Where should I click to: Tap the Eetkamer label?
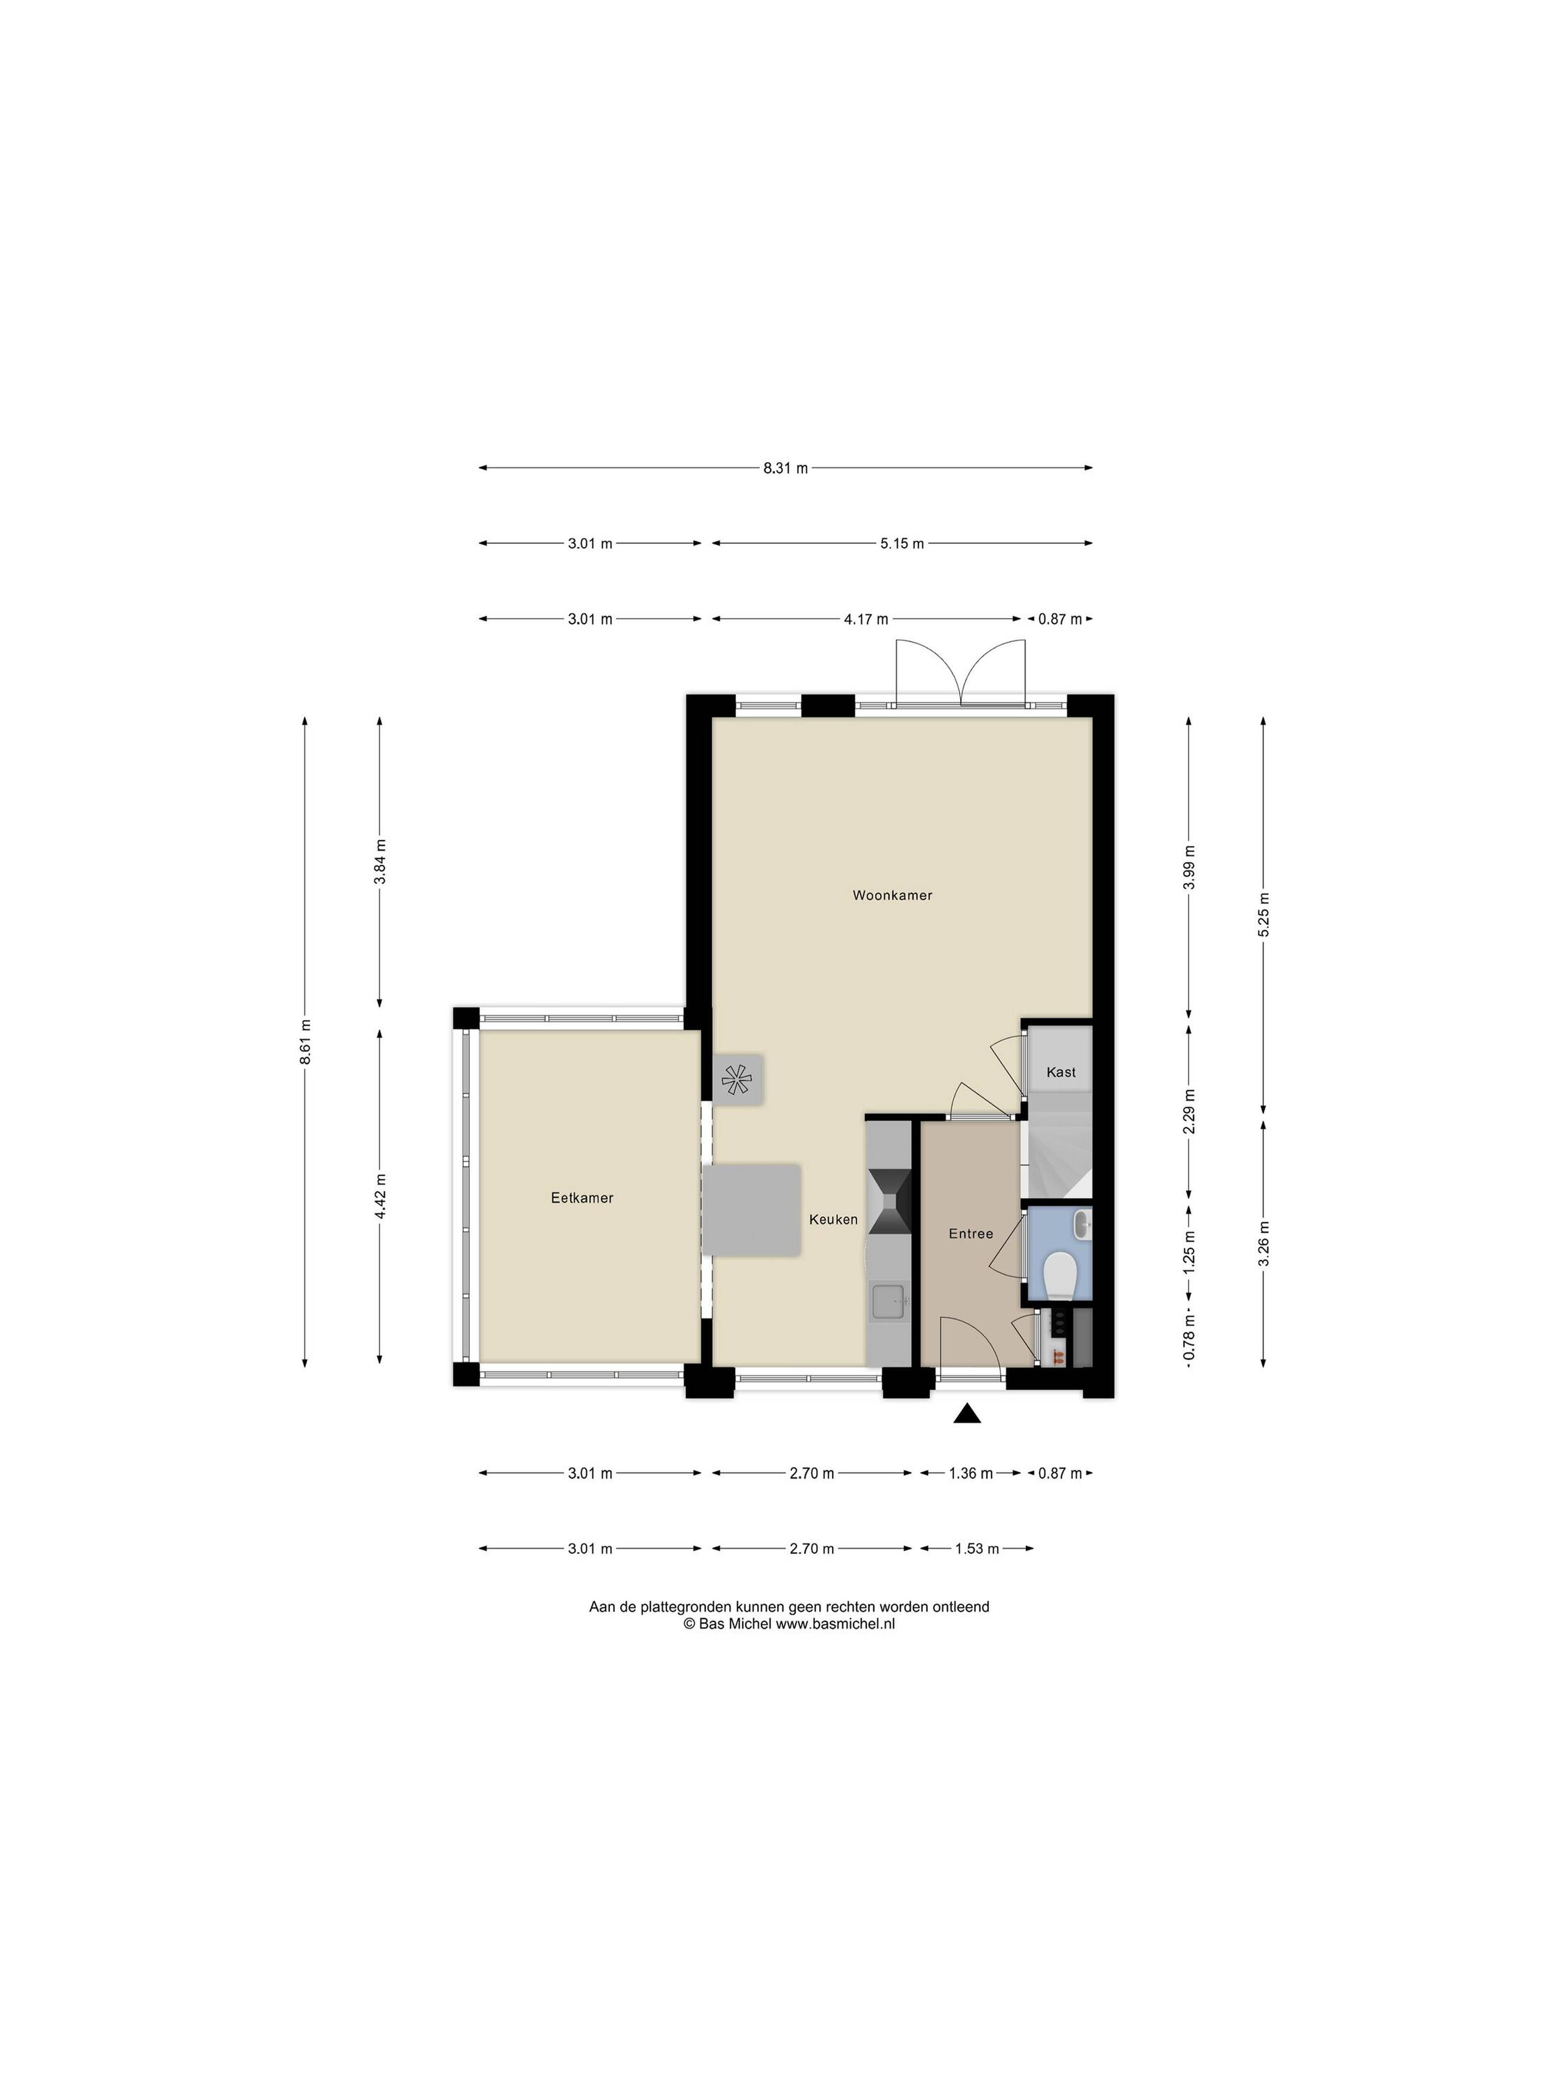(582, 1198)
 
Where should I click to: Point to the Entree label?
(971, 1234)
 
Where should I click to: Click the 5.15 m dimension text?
(902, 544)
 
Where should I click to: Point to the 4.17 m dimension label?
(866, 619)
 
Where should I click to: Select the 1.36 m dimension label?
(971, 1473)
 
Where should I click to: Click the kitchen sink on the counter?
(889, 1301)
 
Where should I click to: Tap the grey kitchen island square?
(751, 1209)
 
